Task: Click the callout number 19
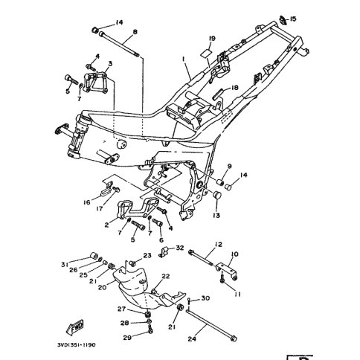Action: [212, 39]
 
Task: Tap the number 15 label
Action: [293, 19]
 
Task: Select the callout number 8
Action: [135, 32]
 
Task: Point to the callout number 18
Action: [234, 88]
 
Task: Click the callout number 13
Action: [216, 215]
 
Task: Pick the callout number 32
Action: [180, 248]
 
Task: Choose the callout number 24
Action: [192, 338]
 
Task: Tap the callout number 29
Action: [127, 338]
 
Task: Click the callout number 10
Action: [234, 254]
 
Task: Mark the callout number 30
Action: [205, 298]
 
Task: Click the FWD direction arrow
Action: [75, 327]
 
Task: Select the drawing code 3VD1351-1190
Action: [76, 345]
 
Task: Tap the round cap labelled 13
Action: [217, 195]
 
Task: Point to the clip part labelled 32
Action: [164, 251]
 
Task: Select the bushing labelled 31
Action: [93, 256]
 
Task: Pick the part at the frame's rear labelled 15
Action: [283, 20]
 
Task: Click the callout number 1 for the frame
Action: [184, 59]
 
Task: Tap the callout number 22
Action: [166, 276]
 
